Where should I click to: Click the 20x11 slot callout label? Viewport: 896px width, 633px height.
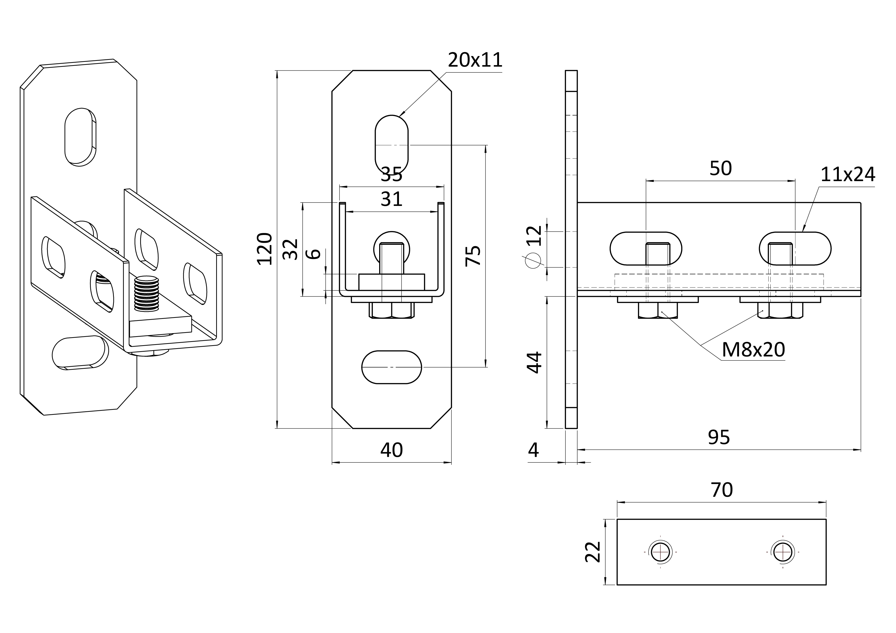coord(475,60)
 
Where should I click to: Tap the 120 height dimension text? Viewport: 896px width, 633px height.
coord(265,249)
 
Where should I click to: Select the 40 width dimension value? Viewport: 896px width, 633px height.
coord(391,450)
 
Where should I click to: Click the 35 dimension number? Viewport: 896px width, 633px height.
coord(391,174)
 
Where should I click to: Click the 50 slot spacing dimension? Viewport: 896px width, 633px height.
coord(720,168)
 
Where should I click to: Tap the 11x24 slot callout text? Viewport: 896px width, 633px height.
coord(848,175)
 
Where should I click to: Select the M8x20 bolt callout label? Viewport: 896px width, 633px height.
coord(753,350)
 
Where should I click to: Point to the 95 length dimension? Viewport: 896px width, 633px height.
coord(719,437)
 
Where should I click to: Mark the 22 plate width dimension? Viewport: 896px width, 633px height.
coord(593,552)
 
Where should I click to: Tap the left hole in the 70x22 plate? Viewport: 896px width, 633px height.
coord(660,552)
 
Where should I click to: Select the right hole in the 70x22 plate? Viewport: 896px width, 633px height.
coord(782,552)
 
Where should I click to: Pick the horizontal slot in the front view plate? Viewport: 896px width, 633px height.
coord(391,367)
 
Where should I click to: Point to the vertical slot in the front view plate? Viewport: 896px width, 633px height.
coord(391,145)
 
